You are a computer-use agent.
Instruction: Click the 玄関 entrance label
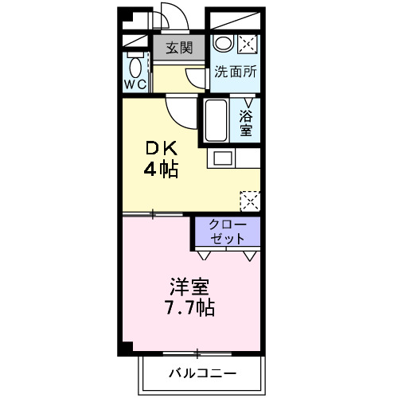coord(179,48)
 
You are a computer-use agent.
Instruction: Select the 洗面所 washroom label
coord(236,72)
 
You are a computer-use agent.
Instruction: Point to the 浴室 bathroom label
coord(248,122)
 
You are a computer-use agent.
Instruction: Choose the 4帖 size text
coord(160,170)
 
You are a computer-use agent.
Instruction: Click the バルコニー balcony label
coord(201,373)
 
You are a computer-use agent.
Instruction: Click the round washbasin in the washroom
coord(224,44)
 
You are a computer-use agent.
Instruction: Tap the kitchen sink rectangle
coord(222,158)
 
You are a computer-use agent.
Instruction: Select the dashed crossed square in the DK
coord(250,199)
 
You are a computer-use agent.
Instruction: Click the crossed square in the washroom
coord(248,44)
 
